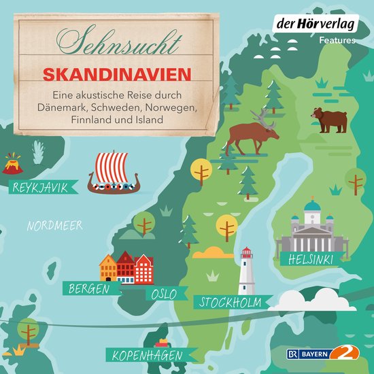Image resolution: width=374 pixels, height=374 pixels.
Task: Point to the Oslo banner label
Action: (x=164, y=294)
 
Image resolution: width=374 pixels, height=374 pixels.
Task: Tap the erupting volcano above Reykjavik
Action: (x=12, y=164)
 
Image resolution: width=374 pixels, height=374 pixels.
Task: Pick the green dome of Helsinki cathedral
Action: (x=312, y=206)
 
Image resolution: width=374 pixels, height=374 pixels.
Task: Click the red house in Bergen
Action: (x=126, y=267)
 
